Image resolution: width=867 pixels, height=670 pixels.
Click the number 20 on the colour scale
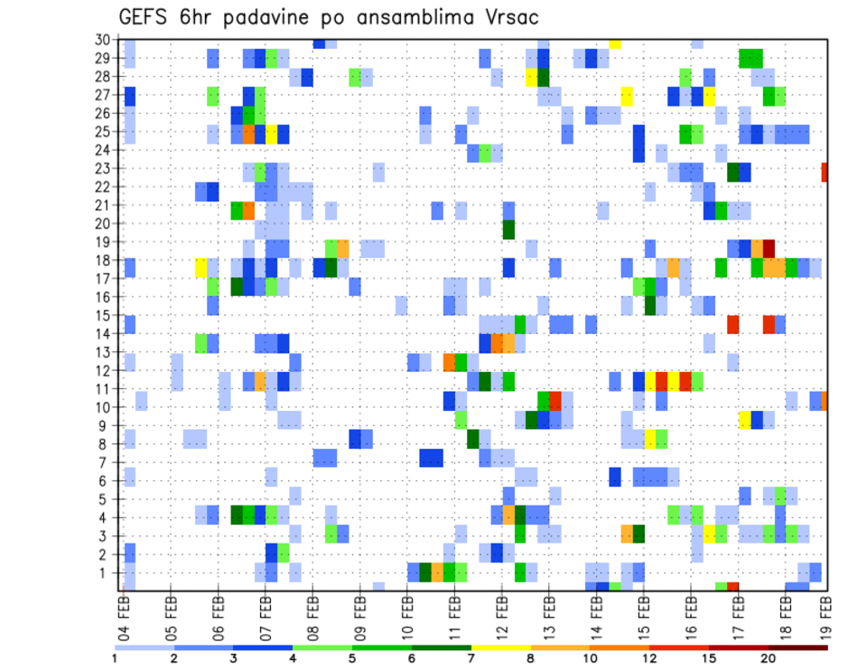768,657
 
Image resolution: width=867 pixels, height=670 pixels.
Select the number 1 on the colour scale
115,657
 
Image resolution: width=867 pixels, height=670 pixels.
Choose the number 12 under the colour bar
649,657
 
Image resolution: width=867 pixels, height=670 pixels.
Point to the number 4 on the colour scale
293,657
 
